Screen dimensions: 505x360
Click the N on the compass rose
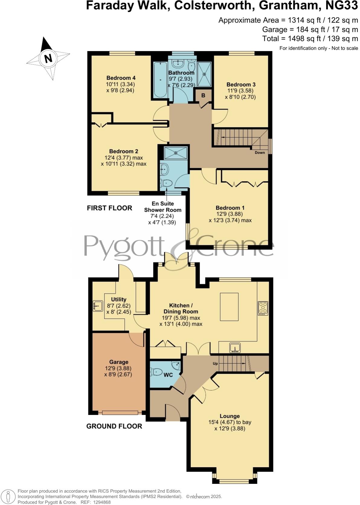point(48,58)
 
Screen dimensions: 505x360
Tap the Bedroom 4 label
point(121,78)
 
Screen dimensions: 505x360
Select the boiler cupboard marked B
point(203,95)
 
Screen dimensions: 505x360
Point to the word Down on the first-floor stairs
point(260,153)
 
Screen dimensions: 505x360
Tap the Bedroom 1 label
point(230,208)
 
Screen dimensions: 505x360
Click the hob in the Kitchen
point(263,308)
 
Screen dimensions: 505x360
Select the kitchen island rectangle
point(229,307)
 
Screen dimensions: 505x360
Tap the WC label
point(168,375)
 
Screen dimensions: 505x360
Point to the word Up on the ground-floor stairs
point(215,364)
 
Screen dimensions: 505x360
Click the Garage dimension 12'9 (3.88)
point(118,368)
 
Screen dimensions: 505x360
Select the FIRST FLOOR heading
point(109,208)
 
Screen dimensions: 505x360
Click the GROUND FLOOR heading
point(114,426)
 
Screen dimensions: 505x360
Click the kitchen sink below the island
point(235,347)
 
